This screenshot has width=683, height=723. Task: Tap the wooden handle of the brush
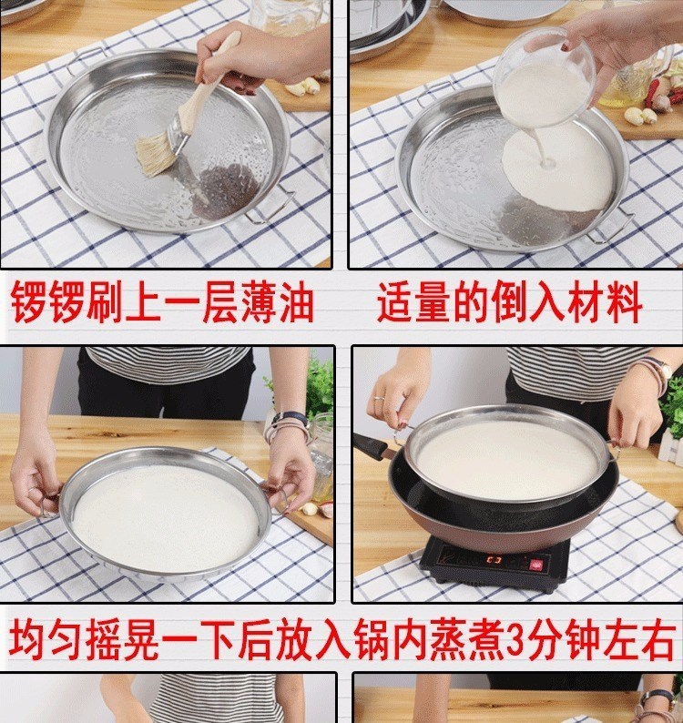(209, 84)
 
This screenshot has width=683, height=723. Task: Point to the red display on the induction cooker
(494, 560)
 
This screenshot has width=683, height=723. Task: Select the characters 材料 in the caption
(605, 302)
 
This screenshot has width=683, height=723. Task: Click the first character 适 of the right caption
(395, 302)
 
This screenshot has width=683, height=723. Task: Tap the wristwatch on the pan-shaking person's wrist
(289, 420)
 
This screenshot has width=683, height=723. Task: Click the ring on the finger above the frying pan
(377, 397)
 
